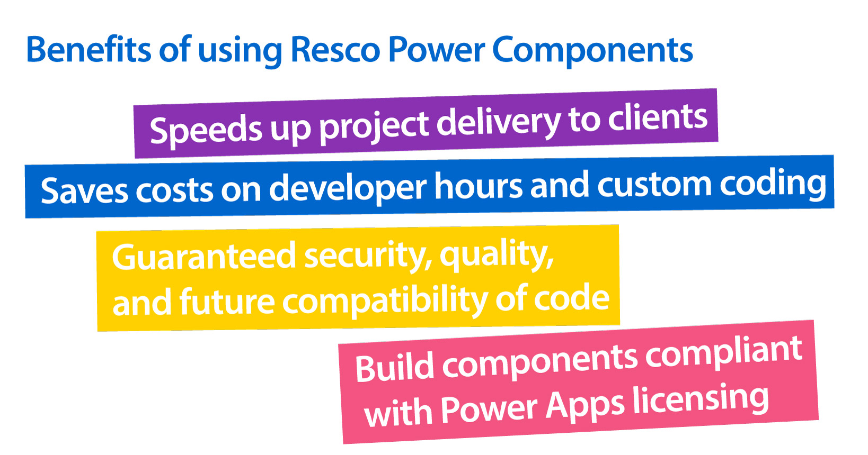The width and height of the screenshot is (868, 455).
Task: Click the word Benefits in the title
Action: click(88, 49)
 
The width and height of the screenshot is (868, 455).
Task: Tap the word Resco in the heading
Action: click(335, 50)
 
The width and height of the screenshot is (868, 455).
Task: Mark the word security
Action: click(368, 256)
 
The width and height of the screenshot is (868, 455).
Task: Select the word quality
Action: click(497, 254)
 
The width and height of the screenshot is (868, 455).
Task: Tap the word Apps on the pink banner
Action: click(584, 406)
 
